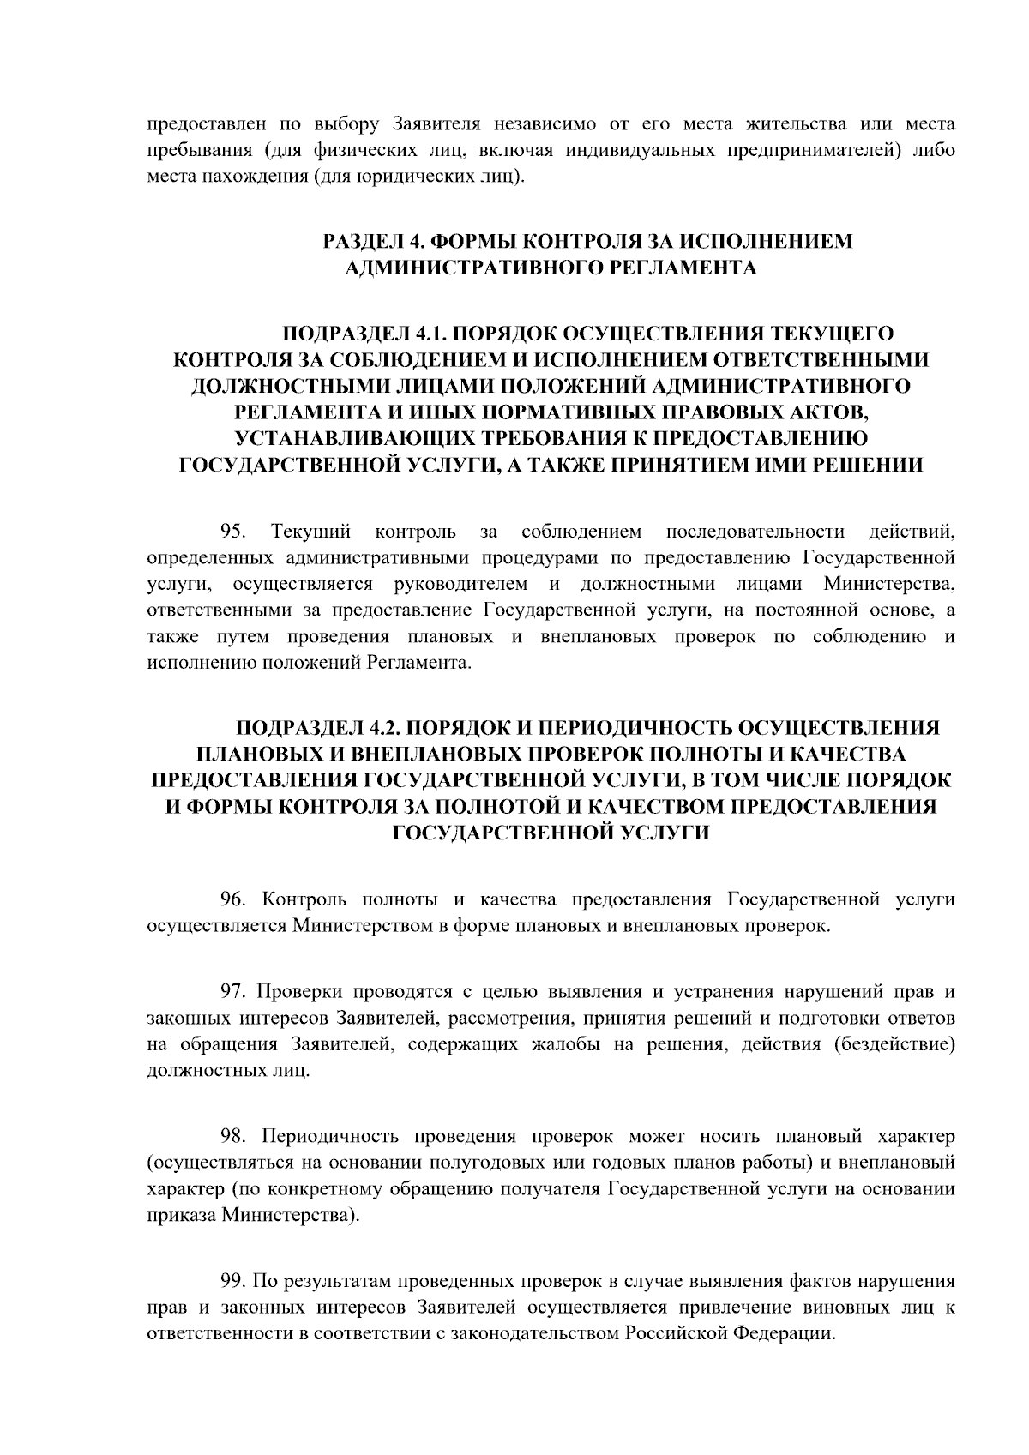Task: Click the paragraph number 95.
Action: point(234,532)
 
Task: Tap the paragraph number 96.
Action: point(234,899)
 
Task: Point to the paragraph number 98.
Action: point(234,1137)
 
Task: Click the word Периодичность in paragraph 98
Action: point(328,1137)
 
